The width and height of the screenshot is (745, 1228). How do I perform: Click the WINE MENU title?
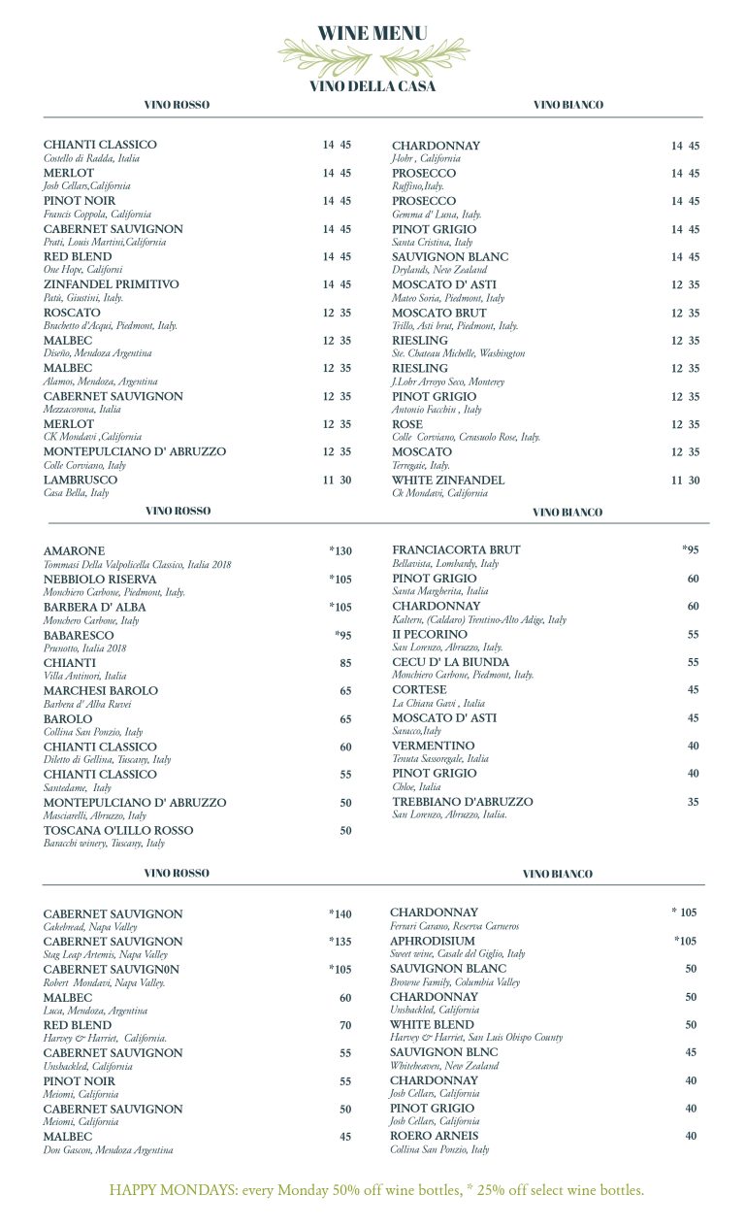[x=372, y=34]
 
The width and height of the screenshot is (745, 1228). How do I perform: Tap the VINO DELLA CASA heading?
[x=372, y=86]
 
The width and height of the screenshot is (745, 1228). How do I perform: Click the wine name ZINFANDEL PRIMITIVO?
[x=112, y=284]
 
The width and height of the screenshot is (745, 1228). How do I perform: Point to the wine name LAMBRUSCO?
[x=81, y=480]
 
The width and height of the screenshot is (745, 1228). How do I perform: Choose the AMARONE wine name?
[x=75, y=550]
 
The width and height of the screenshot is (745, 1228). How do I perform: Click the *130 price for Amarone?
[x=340, y=551]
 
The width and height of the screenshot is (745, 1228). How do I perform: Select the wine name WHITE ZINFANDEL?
[x=448, y=480]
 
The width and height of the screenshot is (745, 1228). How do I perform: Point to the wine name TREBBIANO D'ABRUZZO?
[x=463, y=802]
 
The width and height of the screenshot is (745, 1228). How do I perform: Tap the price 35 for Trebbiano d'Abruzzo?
[x=693, y=803]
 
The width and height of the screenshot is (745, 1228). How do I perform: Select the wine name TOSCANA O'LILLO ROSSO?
[x=118, y=830]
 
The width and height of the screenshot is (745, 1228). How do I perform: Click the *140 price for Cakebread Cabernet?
[x=340, y=914]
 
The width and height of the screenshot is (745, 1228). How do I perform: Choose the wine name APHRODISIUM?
[x=433, y=941]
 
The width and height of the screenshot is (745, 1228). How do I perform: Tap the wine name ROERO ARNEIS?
[x=434, y=1136]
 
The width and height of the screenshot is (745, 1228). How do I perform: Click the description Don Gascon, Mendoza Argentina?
[x=109, y=1149]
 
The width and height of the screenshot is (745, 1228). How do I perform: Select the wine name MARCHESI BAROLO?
[x=101, y=690]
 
